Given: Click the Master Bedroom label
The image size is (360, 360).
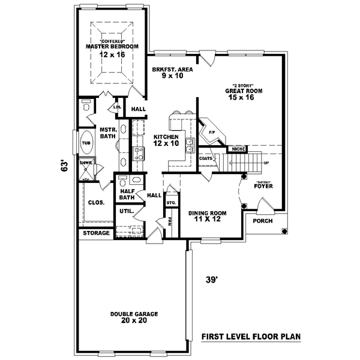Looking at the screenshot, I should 112,46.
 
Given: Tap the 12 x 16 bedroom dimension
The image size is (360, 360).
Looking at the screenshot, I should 112,55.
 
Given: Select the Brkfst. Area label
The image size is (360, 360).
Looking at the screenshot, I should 172,69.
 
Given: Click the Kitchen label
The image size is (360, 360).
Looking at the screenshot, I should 166,137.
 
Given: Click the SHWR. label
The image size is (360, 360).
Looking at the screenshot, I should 85,163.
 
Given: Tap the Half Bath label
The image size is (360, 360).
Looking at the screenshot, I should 127,193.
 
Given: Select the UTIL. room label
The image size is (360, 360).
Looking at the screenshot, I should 126,211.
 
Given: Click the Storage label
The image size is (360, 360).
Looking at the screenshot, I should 96,233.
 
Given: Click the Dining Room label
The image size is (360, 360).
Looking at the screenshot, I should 208,213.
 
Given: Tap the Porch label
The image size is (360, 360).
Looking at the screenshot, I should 263,221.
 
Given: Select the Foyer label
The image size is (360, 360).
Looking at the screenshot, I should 263,185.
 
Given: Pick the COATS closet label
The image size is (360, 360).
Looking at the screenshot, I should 208,158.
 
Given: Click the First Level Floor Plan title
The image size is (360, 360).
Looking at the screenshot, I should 251,337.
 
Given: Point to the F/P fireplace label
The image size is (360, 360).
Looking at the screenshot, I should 211,131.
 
